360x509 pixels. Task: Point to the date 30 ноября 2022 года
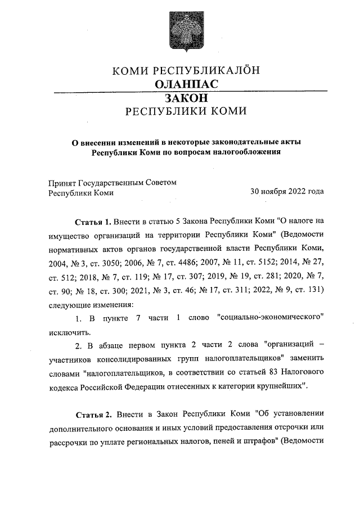tap(287, 192)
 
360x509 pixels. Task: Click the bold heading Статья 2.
tap(93, 415)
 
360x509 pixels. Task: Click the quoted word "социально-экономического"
tap(271, 318)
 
